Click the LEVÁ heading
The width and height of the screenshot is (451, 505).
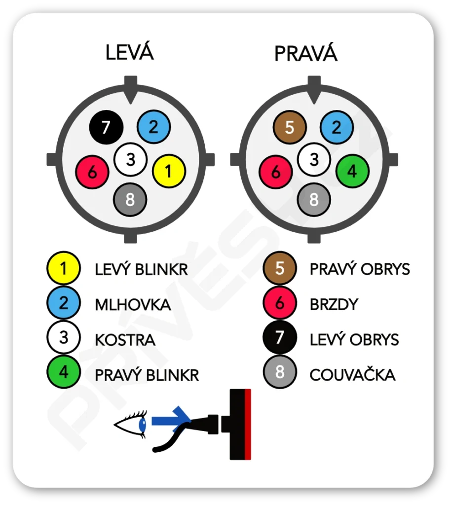pyautogui.click(x=129, y=52)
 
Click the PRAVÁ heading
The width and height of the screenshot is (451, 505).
pyautogui.click(x=305, y=53)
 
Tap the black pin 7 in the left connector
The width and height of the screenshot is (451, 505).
pyautogui.click(x=106, y=128)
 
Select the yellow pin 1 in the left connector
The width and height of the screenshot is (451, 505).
pyautogui.click(x=169, y=171)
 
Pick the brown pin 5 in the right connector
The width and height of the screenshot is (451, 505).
pyautogui.click(x=290, y=128)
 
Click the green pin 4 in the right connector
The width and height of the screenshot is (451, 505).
pyautogui.click(x=352, y=171)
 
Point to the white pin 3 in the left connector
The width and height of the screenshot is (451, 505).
pyautogui.click(x=130, y=159)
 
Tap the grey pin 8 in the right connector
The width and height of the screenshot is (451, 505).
pyautogui.click(x=314, y=200)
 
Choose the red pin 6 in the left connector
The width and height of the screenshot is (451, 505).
pyautogui.click(x=92, y=172)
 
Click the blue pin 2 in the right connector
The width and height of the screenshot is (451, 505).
pyautogui.click(x=337, y=128)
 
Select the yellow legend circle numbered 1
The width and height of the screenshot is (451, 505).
pyautogui.click(x=64, y=269)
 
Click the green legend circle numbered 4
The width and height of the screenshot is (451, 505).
pyautogui.click(x=64, y=372)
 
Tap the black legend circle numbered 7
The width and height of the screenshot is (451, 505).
pyautogui.click(x=280, y=338)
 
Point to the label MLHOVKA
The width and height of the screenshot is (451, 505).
pyautogui.click(x=133, y=305)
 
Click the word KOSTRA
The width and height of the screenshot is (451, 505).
pyautogui.click(x=125, y=340)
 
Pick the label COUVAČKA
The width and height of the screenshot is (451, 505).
pyautogui.click(x=352, y=375)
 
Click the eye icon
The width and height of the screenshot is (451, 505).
pyautogui.click(x=131, y=425)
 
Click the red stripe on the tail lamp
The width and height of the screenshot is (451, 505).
pyautogui.click(x=248, y=424)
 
